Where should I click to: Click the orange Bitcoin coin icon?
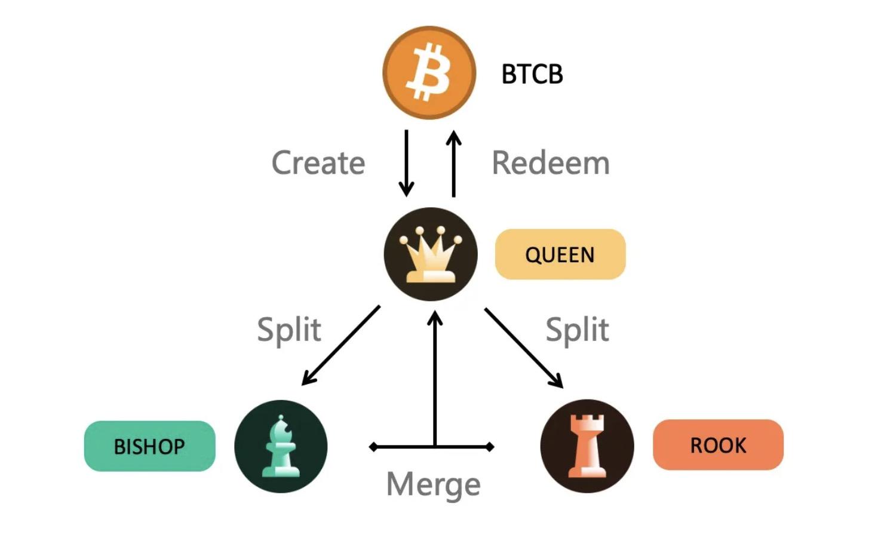(x=429, y=73)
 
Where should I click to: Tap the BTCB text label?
(x=532, y=74)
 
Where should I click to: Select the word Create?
(x=318, y=163)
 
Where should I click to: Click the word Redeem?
(x=550, y=163)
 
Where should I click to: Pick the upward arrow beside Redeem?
(x=454, y=164)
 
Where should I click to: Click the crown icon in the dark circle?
(x=431, y=254)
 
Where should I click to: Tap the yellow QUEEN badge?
(x=560, y=254)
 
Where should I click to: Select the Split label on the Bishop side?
(x=289, y=330)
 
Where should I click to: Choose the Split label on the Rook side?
(x=577, y=330)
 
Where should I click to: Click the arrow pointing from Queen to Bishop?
(x=341, y=346)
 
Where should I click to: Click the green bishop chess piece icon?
(x=281, y=447)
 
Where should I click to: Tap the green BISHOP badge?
(x=149, y=446)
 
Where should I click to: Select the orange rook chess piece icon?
(x=587, y=446)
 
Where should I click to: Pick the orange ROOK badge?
(x=718, y=445)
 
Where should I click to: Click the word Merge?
(x=433, y=484)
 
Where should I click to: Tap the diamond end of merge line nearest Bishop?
(x=373, y=447)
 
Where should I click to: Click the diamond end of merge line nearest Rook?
(x=490, y=447)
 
